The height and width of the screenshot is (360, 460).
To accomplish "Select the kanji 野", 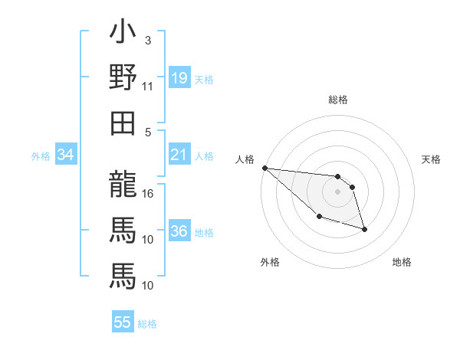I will click(x=123, y=79).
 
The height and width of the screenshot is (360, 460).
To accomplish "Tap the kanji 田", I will click(x=123, y=123).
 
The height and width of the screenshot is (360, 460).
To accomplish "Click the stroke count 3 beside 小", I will click(x=147, y=40).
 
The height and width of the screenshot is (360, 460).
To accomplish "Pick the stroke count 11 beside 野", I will click(x=148, y=87).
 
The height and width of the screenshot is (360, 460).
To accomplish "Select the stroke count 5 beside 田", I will click(x=148, y=132).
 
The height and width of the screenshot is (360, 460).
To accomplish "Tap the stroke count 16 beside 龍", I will click(x=148, y=193).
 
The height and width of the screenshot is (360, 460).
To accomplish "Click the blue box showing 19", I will click(x=179, y=78).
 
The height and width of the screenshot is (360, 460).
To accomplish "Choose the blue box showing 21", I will click(x=179, y=155).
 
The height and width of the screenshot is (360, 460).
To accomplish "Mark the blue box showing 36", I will click(x=179, y=232).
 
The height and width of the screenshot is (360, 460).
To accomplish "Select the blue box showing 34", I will click(x=65, y=155).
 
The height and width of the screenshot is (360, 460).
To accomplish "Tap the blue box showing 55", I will click(x=122, y=322).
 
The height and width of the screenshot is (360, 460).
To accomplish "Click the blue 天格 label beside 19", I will click(x=204, y=80).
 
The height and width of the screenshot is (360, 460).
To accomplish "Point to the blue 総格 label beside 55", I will click(x=147, y=324).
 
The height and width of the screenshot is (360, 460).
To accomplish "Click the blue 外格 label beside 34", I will click(x=41, y=156).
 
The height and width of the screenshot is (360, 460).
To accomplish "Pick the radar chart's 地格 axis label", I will click(x=402, y=262).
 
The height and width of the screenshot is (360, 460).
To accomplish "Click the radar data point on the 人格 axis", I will click(x=264, y=168).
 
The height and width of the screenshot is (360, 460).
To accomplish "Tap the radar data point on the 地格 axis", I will click(x=364, y=229).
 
